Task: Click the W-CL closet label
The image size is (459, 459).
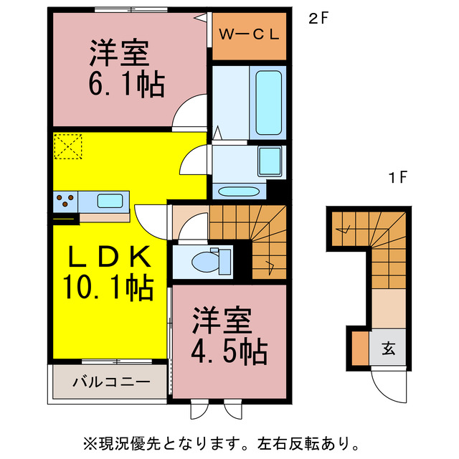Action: pos(250,34)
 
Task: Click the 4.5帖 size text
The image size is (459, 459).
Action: pos(229,351)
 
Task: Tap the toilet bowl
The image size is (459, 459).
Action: pos(208,261)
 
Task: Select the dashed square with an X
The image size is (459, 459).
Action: pos(67,147)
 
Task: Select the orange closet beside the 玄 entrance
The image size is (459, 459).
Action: pos(359,350)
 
